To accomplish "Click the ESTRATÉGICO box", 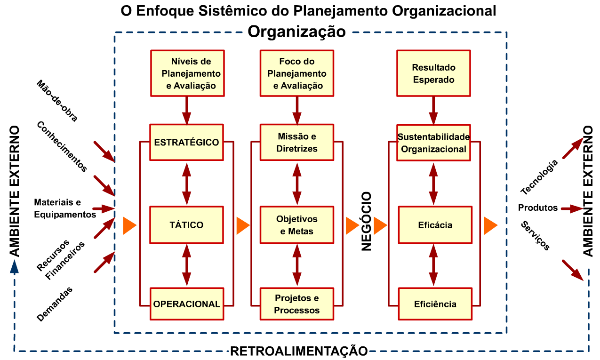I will coord(186,142).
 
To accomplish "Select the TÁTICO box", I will coord(186,224).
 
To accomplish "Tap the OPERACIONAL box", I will coord(186,304).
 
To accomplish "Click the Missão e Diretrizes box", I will coord(297,142).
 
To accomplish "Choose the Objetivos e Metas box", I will coord(297,224).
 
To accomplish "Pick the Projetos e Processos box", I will coord(297,304).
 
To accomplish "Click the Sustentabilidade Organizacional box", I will coord(433,142).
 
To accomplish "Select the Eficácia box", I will coord(435,224).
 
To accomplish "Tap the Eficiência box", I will coord(435,304).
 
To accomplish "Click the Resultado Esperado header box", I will coord(433,73).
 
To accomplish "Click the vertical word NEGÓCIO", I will coord(367,221).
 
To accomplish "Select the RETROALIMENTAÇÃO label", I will coord(299,351).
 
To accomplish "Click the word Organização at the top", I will coord(297,32).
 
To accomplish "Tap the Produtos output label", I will coord(538,208).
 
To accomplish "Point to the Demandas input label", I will coord(55,304).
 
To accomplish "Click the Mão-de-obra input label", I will coord(56,101).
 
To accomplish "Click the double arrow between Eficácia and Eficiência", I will coord(433,264).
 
